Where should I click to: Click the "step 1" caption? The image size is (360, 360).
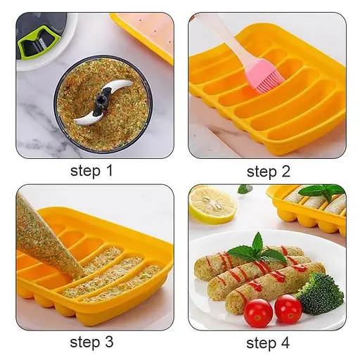[91, 172]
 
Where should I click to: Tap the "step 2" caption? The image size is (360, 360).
[269, 172]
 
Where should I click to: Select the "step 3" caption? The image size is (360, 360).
[91, 342]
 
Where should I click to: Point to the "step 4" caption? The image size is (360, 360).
[268, 343]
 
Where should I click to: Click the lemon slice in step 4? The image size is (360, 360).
[212, 205]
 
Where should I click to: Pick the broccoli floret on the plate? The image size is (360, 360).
[320, 292]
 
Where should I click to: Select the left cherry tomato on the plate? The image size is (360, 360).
[258, 313]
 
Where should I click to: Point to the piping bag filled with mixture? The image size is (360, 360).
[47, 239]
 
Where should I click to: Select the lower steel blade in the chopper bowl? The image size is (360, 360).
[85, 119]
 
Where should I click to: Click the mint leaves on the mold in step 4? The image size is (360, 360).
[322, 191]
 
